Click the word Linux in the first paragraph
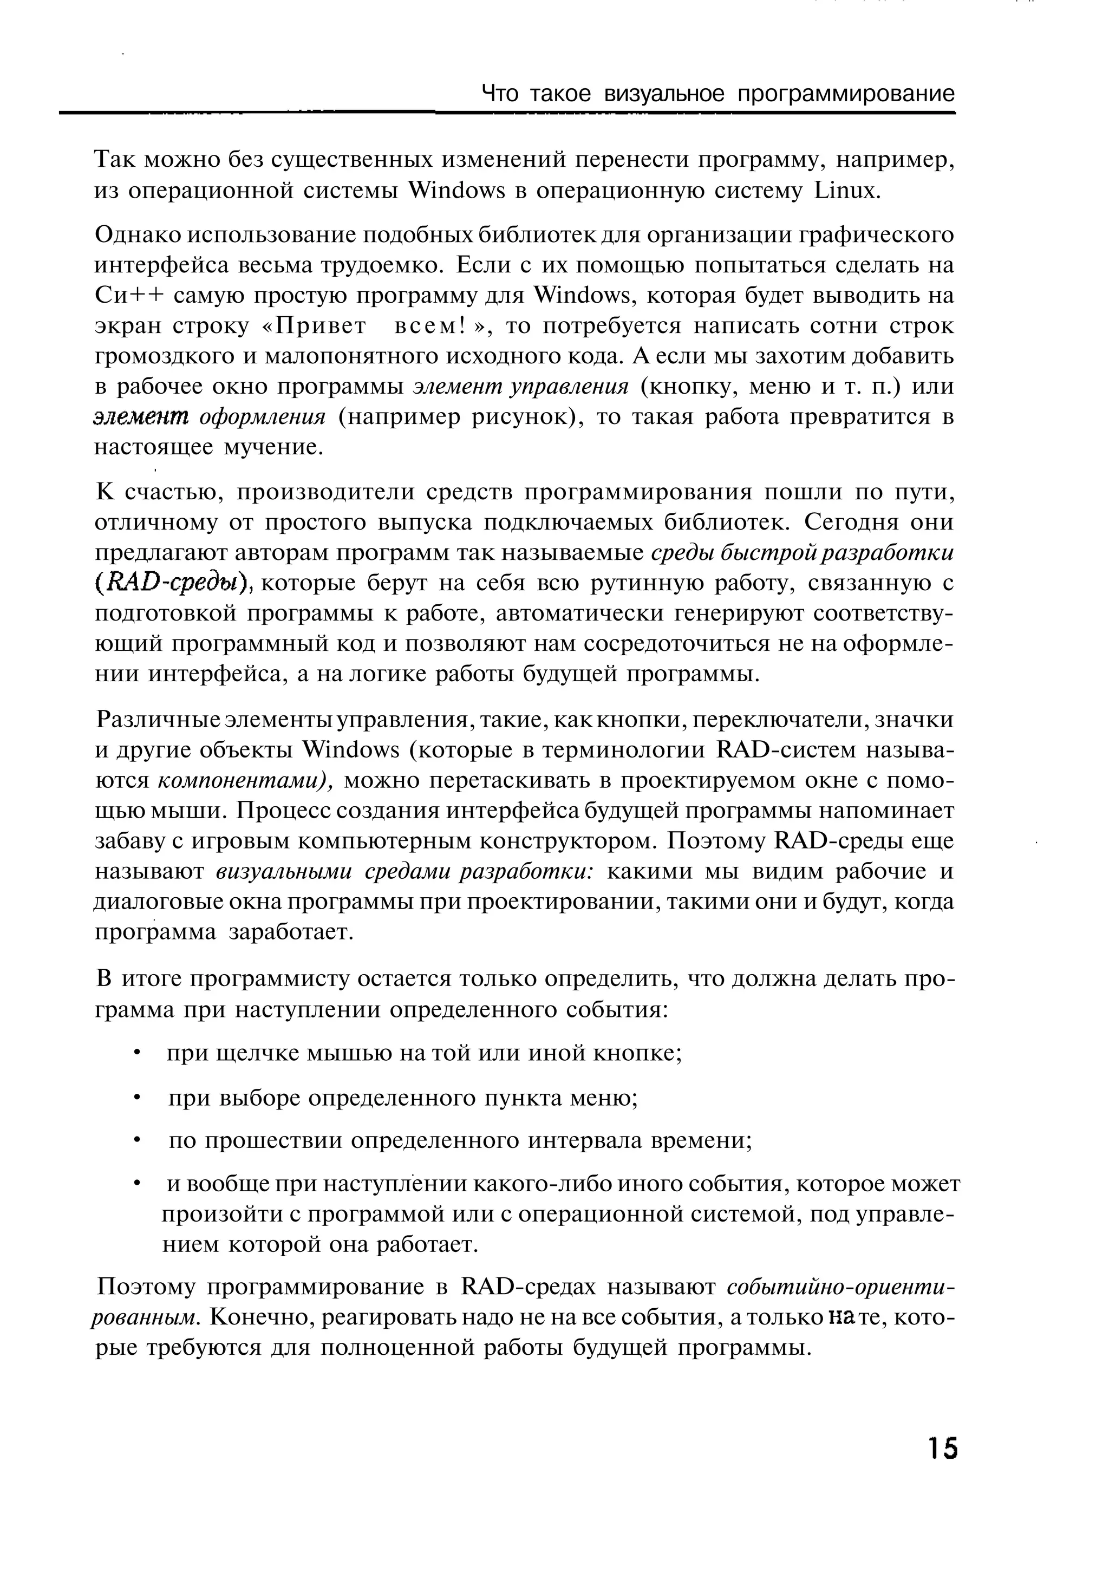(845, 191)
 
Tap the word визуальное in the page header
(663, 94)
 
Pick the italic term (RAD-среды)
(174, 584)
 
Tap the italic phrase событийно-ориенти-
(840, 1286)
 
